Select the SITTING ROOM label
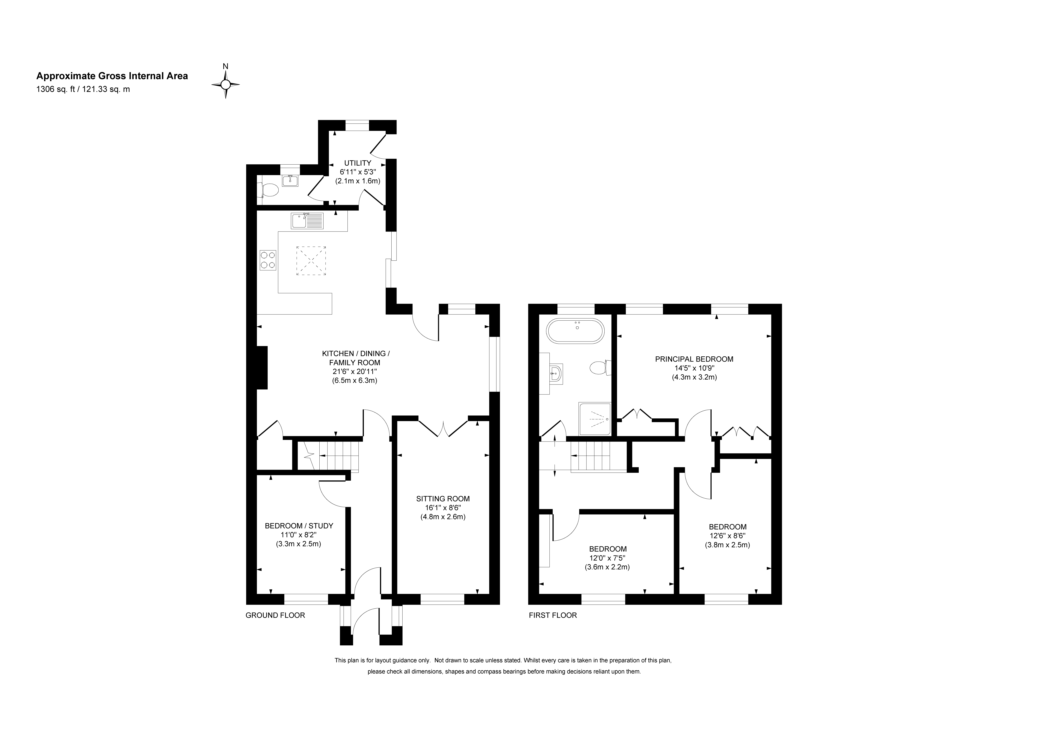(x=443, y=499)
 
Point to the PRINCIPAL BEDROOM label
(x=694, y=359)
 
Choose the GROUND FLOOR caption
(x=275, y=615)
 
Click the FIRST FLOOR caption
(x=552, y=615)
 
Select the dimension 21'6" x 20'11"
(x=355, y=372)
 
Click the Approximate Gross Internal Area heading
(x=112, y=76)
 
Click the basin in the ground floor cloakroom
(x=290, y=181)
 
